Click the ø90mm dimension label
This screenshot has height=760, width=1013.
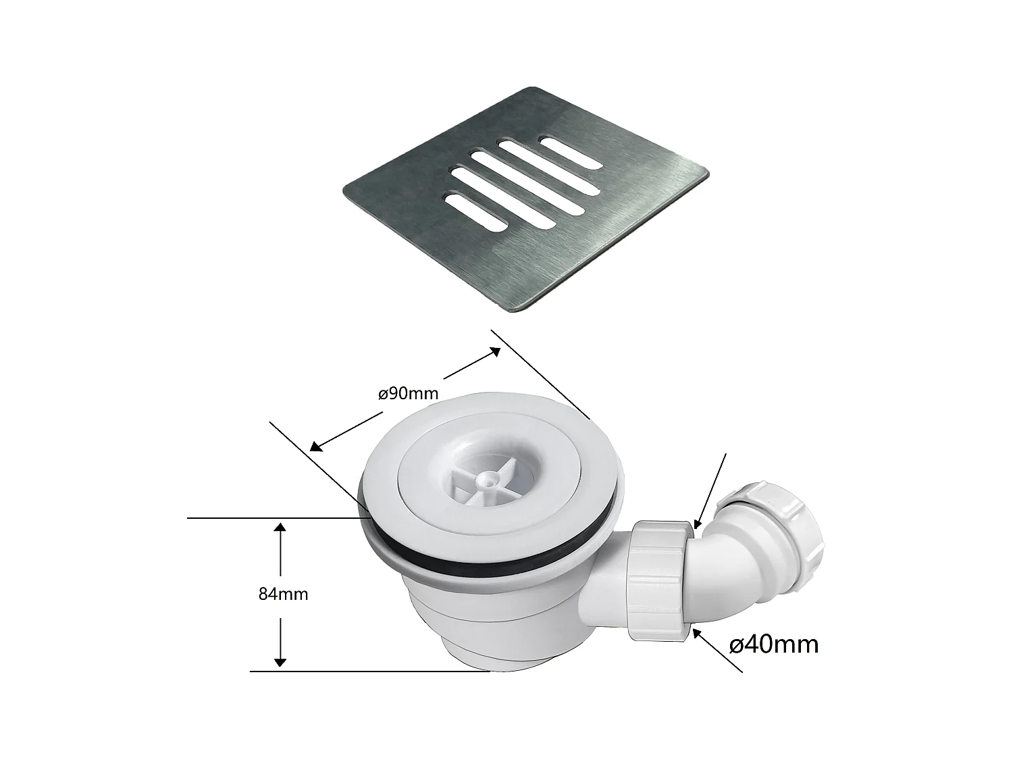coord(409,393)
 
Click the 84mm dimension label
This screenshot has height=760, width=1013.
coord(283,594)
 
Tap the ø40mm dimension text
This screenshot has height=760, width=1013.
coord(775,644)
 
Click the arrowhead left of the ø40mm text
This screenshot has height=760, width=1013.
coord(696,632)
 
